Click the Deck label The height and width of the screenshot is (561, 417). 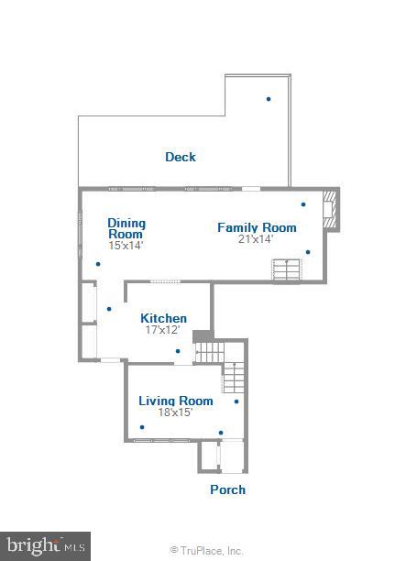click(181, 157)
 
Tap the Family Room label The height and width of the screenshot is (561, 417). click(257, 227)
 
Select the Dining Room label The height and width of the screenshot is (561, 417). click(126, 228)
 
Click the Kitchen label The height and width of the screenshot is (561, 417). click(163, 318)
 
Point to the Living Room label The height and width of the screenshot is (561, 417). click(175, 401)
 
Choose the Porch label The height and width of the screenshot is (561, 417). click(227, 489)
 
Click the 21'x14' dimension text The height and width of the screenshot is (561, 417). click(257, 239)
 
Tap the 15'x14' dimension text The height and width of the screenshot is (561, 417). click(126, 245)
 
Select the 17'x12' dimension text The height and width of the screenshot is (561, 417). click(162, 330)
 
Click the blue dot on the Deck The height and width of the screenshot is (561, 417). click(269, 99)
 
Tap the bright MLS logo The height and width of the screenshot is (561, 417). click(45, 545)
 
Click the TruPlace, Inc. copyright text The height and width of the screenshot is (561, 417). click(207, 551)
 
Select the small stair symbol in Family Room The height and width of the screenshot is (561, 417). click(286, 269)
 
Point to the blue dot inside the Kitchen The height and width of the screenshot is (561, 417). click(178, 350)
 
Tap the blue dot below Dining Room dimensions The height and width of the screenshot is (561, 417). click(98, 265)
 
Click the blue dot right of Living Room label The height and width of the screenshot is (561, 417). click(236, 401)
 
